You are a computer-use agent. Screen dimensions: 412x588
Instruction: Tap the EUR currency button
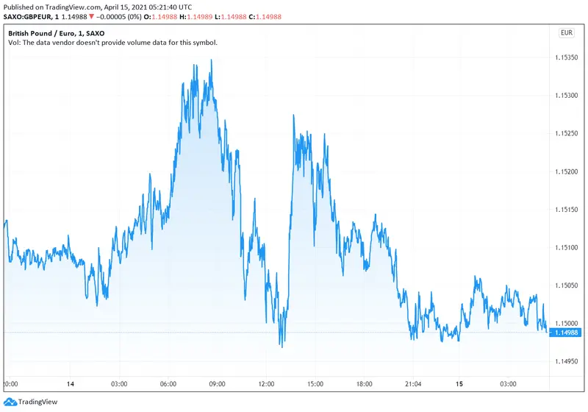[x=567, y=32]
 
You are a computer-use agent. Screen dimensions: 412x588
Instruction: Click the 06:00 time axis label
[x=169, y=384]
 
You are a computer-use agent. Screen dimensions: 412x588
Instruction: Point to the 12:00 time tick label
[x=267, y=384]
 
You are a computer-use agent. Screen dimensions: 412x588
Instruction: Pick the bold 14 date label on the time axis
[x=71, y=384]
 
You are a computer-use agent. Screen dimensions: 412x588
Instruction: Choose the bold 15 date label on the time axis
[x=460, y=384]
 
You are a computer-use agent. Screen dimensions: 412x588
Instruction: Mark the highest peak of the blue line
[x=212, y=60]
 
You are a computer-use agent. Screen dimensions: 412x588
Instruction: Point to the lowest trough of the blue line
[x=281, y=347]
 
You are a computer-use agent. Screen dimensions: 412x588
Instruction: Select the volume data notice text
[x=112, y=43]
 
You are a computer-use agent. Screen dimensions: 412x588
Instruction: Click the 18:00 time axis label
[x=365, y=384]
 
